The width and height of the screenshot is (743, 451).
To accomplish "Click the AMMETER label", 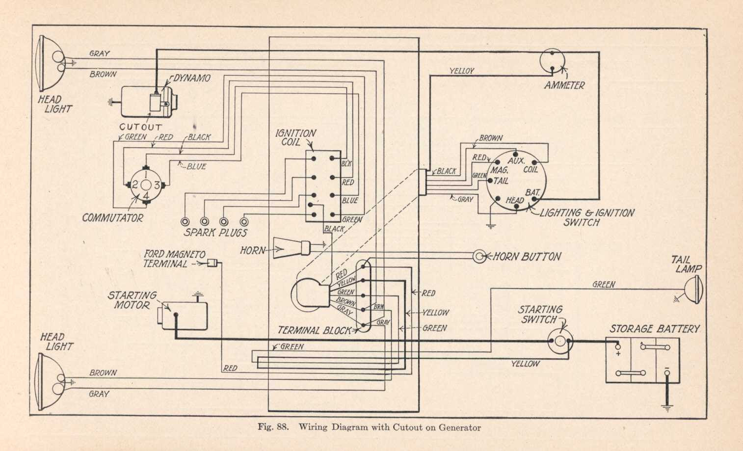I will (x=564, y=85).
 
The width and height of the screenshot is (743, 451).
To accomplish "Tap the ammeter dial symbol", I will (x=552, y=61).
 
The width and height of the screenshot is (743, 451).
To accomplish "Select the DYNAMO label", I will (x=192, y=78).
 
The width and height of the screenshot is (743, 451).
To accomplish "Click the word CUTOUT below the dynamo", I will (x=140, y=127).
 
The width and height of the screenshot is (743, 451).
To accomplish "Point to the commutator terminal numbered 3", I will (x=157, y=185).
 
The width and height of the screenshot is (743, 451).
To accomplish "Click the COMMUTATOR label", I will (x=112, y=218).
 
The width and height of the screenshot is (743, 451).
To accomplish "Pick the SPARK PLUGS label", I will (x=215, y=233).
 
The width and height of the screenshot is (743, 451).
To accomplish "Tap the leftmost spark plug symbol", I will (x=186, y=221).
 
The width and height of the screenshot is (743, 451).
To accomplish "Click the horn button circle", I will (x=479, y=256).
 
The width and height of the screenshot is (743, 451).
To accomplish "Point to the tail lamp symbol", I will (x=695, y=289).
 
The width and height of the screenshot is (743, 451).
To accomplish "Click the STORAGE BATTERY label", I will (x=655, y=329).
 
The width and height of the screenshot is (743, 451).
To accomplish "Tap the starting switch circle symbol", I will (x=559, y=342).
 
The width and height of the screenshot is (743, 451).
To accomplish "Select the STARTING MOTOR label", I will (x=132, y=300).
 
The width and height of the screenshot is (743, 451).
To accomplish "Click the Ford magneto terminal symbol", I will (x=212, y=264).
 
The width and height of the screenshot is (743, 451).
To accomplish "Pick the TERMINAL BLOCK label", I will (x=315, y=330).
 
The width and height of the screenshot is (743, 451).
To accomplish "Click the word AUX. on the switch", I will (x=516, y=161).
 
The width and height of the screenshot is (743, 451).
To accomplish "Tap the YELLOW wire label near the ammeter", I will (x=462, y=71).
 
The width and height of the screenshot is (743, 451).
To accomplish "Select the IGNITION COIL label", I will (x=295, y=137).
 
